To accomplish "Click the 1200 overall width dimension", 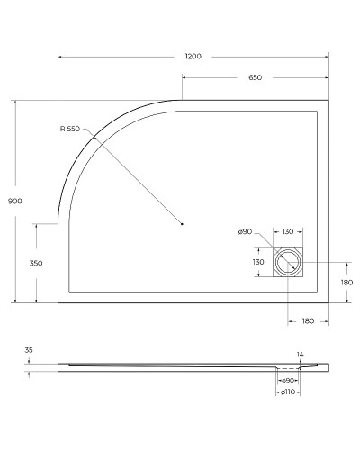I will coord(193,57).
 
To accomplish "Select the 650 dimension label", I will coord(255,78).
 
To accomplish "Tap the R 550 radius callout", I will coord(70,130).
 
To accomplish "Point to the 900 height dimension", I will coord(7,202).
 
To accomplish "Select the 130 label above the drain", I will coord(287,232).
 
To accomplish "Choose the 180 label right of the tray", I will coord(346,283).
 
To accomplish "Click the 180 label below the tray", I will coord(308,321).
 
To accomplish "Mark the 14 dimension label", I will coord(301,355).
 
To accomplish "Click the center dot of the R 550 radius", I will coord(183,223).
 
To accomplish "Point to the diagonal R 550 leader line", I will coord(135,177).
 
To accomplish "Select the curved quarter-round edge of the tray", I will coord(90,144).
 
